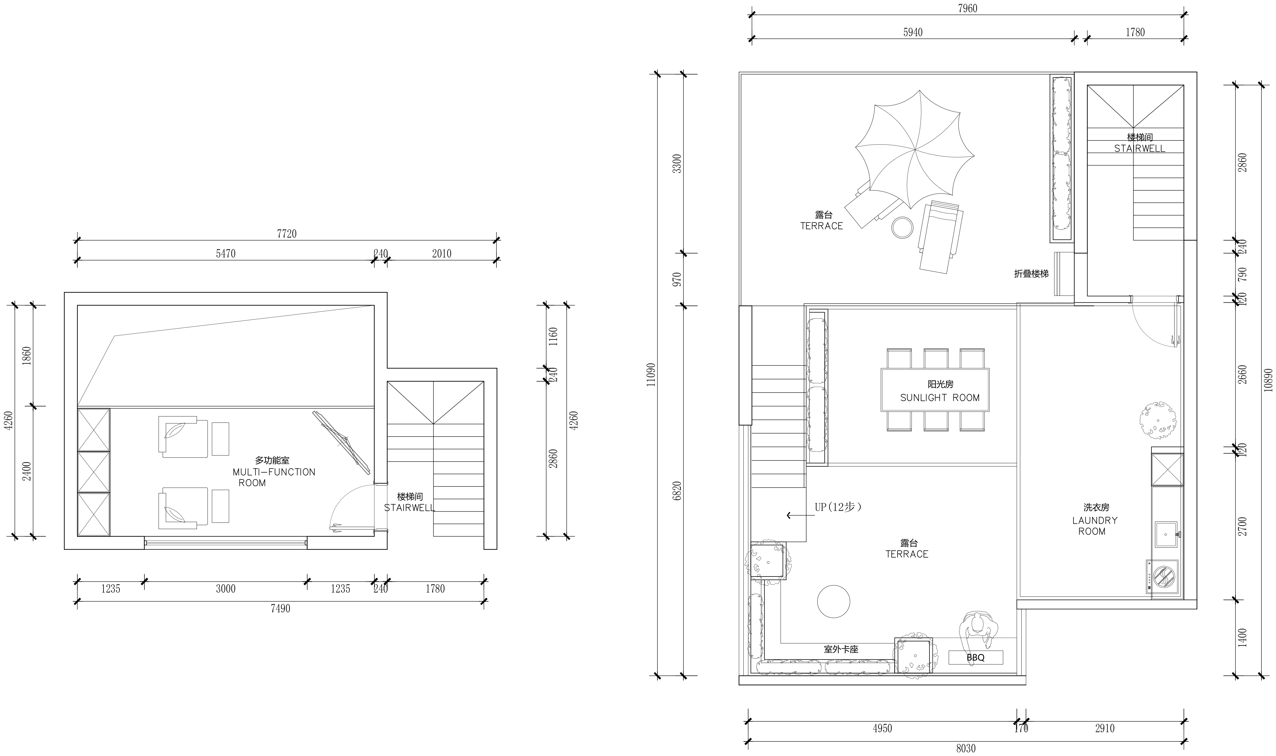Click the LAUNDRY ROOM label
(x=1094, y=526)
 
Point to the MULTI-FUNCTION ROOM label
(x=274, y=472)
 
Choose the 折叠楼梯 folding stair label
(x=1031, y=274)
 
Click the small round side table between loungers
(x=902, y=228)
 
